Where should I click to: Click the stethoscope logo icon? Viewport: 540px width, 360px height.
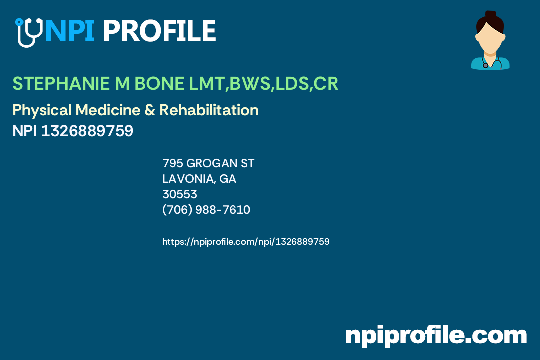[28, 32]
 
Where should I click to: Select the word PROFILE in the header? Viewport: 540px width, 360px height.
[159, 31]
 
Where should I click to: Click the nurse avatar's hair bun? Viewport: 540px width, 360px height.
[490, 15]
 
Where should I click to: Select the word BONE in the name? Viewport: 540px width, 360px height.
[158, 84]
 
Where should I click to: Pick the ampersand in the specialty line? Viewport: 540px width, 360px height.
[150, 110]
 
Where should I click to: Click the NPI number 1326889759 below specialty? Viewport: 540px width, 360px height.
[87, 131]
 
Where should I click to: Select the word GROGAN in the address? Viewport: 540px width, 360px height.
[209, 163]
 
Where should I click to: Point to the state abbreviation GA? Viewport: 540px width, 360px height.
[228, 179]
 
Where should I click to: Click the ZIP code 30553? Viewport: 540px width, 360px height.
[180, 194]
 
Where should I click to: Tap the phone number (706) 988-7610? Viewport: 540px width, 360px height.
[206, 210]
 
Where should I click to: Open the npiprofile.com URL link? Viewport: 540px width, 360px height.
[246, 242]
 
